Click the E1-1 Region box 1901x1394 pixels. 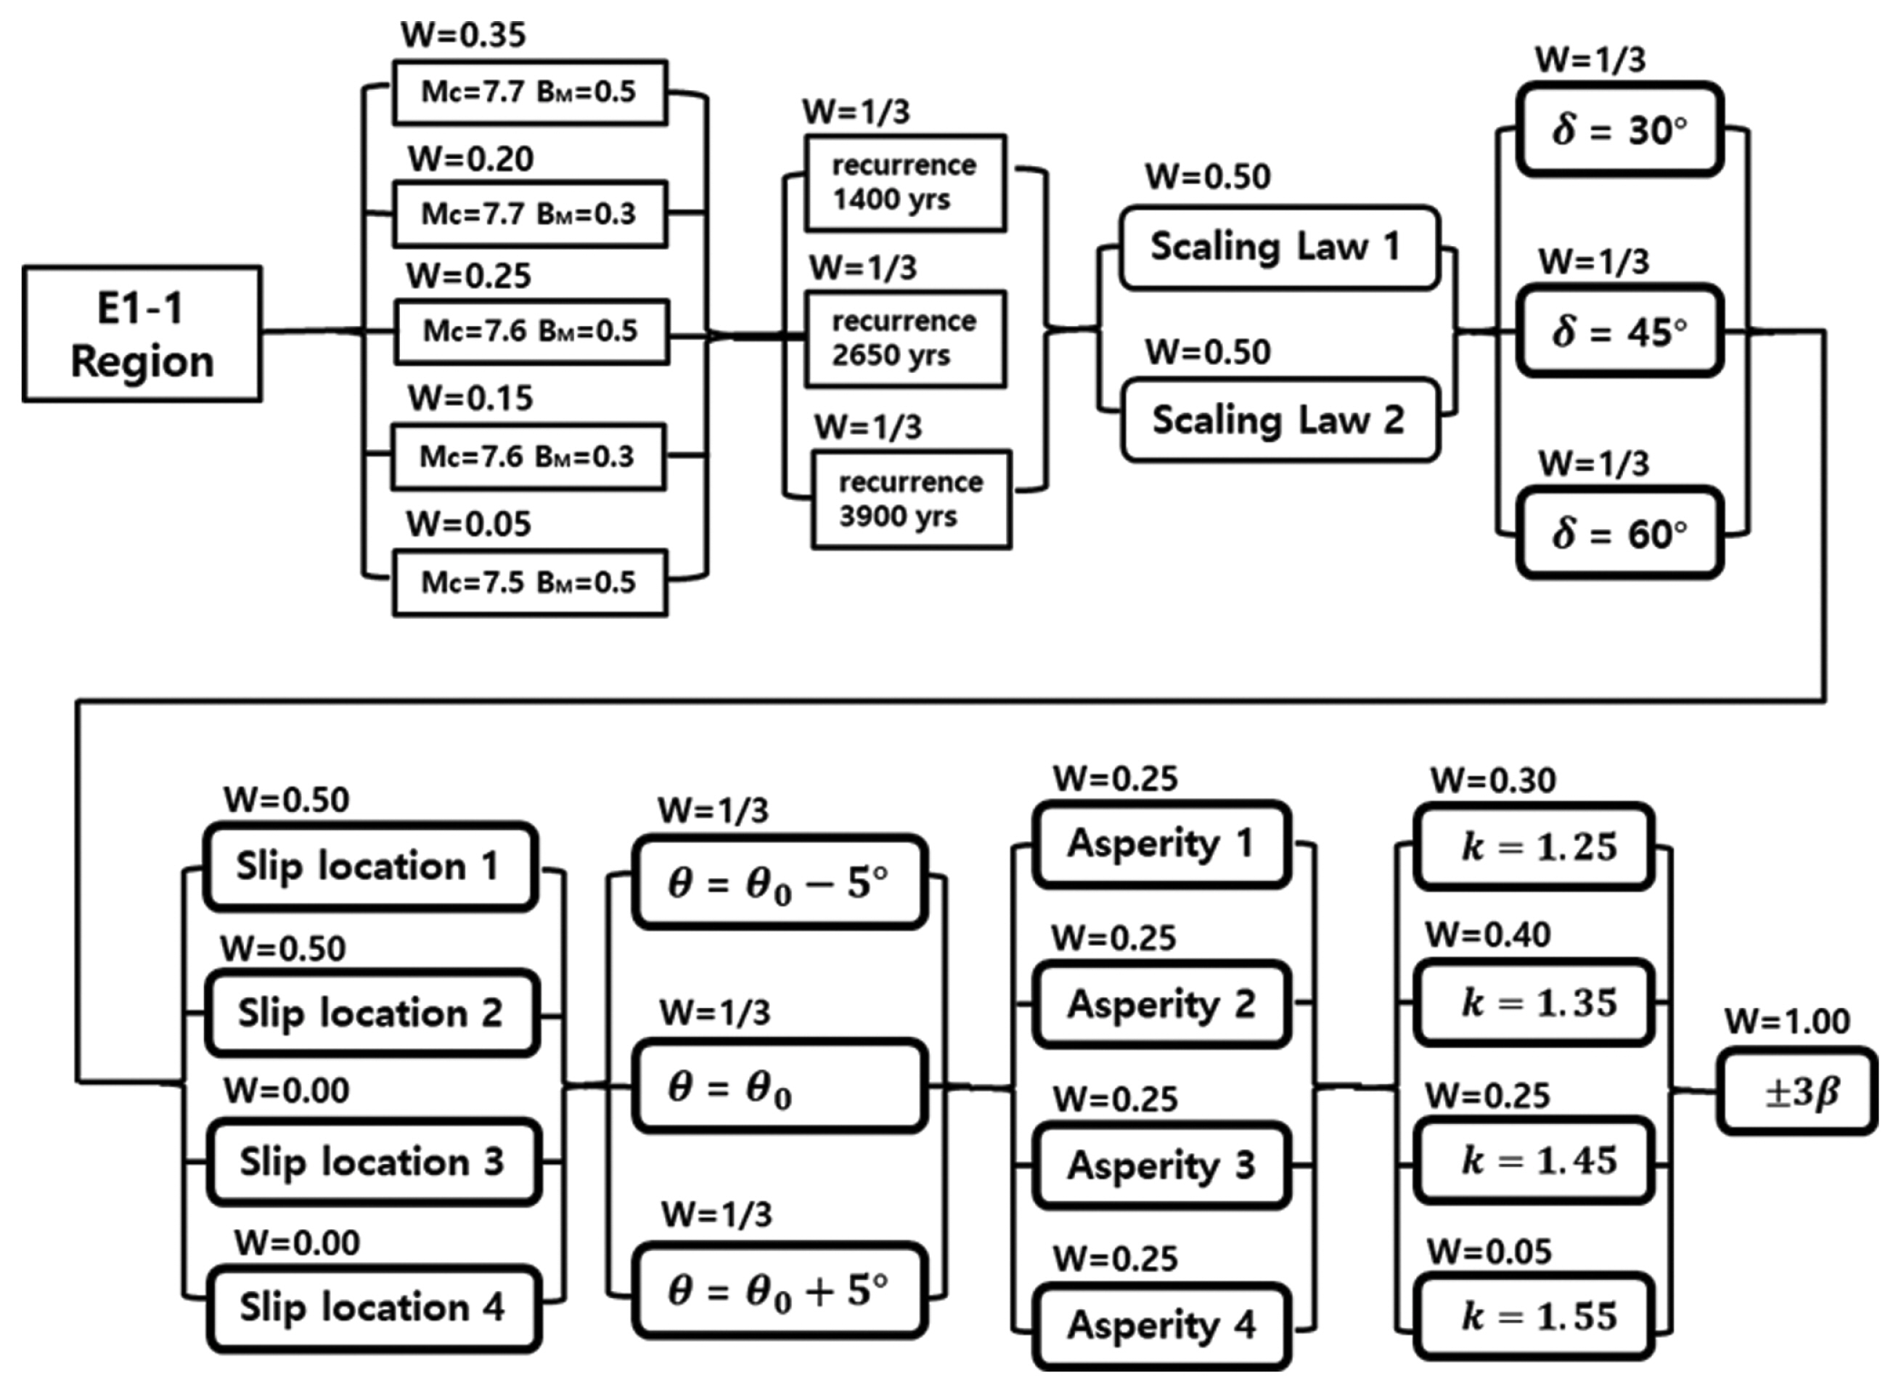(x=142, y=334)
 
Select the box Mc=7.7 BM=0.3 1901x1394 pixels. (x=530, y=213)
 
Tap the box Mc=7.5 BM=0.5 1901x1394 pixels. (x=530, y=582)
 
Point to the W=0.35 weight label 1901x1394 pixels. (x=463, y=35)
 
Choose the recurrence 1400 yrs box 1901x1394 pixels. (x=905, y=182)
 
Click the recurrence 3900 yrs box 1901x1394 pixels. (x=912, y=499)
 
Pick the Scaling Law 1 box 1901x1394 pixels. (x=1278, y=247)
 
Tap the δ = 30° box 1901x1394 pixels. (x=1619, y=130)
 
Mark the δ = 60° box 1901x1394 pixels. (x=1619, y=533)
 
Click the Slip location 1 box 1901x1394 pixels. (x=369, y=866)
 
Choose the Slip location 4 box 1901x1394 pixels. (x=373, y=1307)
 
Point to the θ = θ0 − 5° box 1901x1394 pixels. (x=779, y=883)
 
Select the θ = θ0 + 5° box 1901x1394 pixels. (x=779, y=1290)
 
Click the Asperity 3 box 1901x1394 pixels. (x=1161, y=1165)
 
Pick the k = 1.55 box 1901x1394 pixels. (x=1534, y=1316)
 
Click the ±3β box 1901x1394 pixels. (x=1796, y=1091)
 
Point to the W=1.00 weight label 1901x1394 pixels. (x=1787, y=1021)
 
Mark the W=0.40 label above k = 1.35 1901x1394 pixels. (x=1488, y=935)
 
